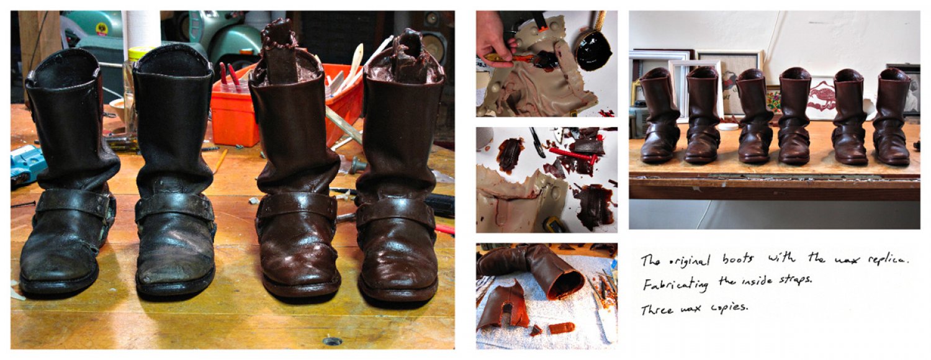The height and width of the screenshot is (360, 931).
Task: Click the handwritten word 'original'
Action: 689,261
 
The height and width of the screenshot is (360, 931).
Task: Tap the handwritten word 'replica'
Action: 888,259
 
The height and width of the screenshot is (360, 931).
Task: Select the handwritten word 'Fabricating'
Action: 675,284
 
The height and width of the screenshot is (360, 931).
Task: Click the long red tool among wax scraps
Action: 573,155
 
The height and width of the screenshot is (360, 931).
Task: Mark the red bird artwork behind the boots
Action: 821,98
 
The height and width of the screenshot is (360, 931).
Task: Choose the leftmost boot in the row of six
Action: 658,117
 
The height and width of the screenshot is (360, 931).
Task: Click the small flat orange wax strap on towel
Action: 562,328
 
